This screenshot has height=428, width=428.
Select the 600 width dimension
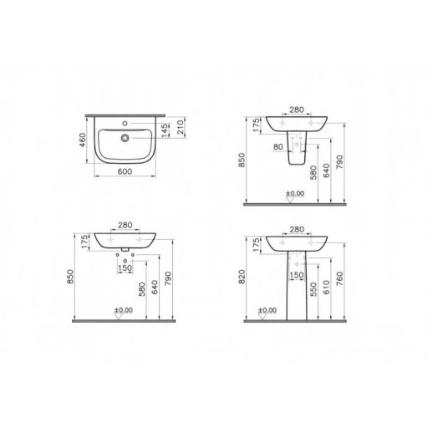(124, 171)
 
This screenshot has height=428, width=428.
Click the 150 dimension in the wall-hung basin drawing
(124, 268)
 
